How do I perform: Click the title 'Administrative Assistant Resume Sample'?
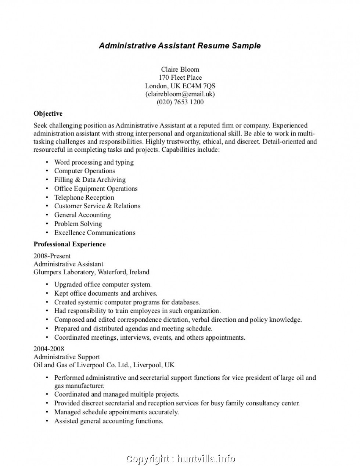[180, 46]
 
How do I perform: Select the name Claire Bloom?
[180, 69]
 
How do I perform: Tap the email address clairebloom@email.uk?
[180, 94]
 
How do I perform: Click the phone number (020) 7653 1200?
[180, 102]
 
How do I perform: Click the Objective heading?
[48, 113]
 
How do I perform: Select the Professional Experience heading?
[69, 244]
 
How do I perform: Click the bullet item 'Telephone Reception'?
[84, 197]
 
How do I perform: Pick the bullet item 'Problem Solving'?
[78, 224]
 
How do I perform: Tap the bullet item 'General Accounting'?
[82, 215]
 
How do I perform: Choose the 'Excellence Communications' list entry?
[95, 232]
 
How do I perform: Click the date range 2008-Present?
[52, 256]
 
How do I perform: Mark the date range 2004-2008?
[48, 348]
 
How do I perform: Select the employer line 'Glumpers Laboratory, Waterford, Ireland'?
[91, 272]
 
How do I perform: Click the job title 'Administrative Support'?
[66, 357]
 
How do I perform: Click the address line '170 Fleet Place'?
[180, 77]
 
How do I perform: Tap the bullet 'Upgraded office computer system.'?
[103, 284]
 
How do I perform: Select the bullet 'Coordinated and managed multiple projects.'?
[117, 394]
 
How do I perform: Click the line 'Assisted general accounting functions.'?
[109, 421]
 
